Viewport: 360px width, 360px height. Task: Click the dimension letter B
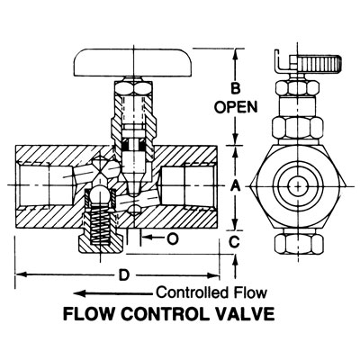[x=235, y=89]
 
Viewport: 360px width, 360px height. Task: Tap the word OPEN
[x=236, y=106]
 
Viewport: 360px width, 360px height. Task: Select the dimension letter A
[x=236, y=186]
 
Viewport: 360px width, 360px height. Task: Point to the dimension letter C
[x=234, y=241]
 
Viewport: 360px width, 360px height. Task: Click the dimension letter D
[x=123, y=274]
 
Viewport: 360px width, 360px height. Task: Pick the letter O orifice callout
[x=173, y=238]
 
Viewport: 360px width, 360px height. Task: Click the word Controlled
[x=192, y=292]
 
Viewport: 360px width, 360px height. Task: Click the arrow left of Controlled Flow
[x=113, y=293]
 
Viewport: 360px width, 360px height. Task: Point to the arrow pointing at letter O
[x=152, y=238]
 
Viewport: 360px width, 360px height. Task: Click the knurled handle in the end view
[x=320, y=63]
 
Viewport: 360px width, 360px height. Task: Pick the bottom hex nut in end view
[x=299, y=243]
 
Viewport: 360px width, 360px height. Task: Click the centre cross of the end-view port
[x=298, y=186]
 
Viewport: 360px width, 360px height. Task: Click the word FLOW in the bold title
[x=89, y=314]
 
